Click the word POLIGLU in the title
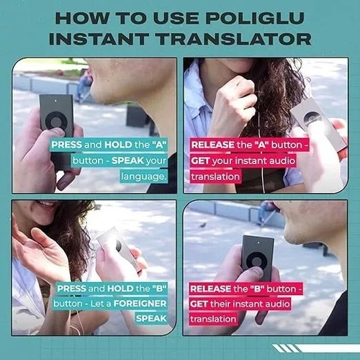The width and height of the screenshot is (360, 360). pos(255,18)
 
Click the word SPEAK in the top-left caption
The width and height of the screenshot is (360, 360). pos(127,161)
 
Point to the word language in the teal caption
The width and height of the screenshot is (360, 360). pos(143,176)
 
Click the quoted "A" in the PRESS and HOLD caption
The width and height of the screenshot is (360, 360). pos(159,145)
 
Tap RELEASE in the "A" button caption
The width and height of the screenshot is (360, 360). pos(212,145)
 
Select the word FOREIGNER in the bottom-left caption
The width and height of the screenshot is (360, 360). pos(140,304)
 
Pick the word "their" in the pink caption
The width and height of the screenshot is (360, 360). pos(220,304)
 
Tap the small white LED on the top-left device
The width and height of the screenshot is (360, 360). pos(56,101)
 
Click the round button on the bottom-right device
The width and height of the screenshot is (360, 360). pos(257,261)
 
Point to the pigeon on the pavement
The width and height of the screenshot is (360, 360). pos(203,225)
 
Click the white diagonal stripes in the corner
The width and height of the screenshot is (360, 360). pos(286,348)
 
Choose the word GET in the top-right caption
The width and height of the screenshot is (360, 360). pos(200,161)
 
